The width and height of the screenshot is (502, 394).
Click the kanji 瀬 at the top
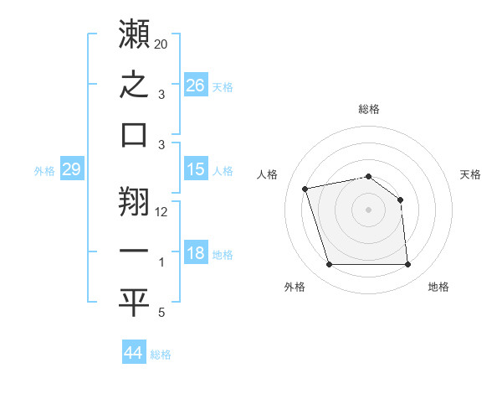coord(134,34)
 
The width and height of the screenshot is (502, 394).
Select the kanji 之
coord(134,84)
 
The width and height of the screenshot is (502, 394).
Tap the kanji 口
coord(134,135)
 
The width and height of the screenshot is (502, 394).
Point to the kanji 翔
coord(134,201)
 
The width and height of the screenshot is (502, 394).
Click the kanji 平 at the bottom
coord(134,303)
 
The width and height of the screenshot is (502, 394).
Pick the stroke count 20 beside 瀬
coord(161,44)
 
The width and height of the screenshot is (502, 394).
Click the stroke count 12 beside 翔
coord(161,212)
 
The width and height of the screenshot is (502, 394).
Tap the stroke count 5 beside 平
coord(161,312)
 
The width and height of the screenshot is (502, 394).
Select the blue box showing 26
coord(196,85)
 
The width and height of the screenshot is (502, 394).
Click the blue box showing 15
coord(196,168)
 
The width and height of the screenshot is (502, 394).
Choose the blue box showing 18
coord(196,251)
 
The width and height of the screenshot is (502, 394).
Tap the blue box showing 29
coord(72,168)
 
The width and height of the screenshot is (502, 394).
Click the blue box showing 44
coord(134,351)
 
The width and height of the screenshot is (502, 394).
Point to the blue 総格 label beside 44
coord(161,355)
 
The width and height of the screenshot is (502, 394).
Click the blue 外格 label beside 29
coord(44,171)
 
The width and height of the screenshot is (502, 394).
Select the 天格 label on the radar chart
coord(470,174)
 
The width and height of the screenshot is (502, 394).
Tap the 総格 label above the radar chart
coord(369,109)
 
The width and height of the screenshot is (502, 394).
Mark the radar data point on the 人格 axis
coord(305,189)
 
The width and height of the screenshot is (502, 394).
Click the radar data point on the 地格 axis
coord(407,264)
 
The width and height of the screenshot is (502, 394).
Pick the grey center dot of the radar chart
coord(368,210)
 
